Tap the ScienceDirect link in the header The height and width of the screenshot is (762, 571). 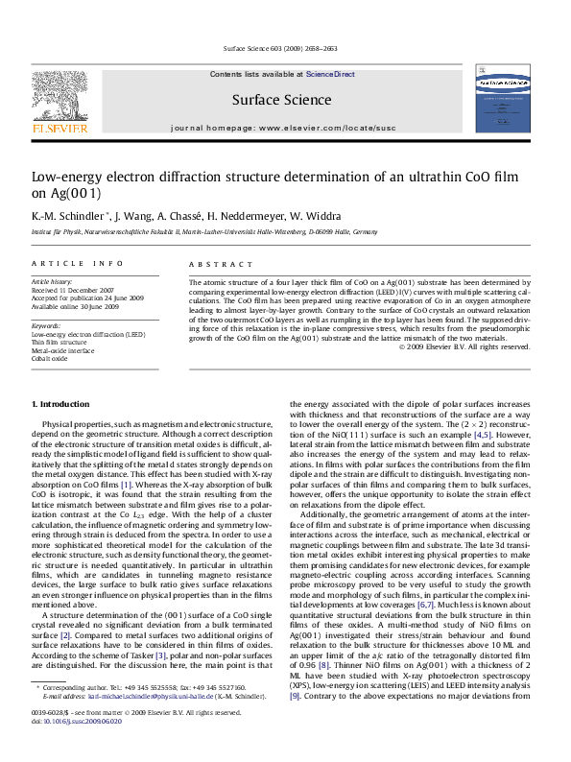[330, 74]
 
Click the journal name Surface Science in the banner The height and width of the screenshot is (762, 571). [281, 100]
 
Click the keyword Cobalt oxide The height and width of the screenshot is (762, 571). [50, 358]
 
